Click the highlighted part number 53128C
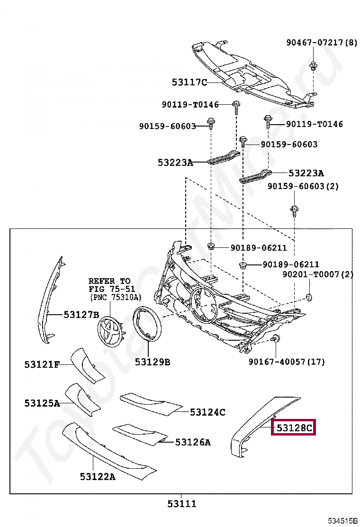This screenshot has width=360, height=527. tap(294, 428)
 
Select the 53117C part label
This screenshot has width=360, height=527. tap(189, 82)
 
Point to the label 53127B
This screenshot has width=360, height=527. tap(81, 314)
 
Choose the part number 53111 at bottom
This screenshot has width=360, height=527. tap(181, 504)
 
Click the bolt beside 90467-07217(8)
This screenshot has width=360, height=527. tap(313, 65)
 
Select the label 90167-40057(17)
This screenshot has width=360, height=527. tap(287, 362)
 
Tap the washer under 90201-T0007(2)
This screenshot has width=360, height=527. tap(308, 297)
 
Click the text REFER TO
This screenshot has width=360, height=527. tap(109, 281)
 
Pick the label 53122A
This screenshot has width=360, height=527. tap(98, 477)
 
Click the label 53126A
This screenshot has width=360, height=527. tap(193, 443)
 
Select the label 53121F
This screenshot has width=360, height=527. tap(42, 364)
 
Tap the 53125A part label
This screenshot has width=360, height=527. tap(42, 403)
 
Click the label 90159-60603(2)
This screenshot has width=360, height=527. tap(303, 186)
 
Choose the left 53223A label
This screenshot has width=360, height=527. tap(175, 163)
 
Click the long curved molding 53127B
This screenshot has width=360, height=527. tap(51, 299)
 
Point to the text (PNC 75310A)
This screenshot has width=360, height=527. tap(116, 297)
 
